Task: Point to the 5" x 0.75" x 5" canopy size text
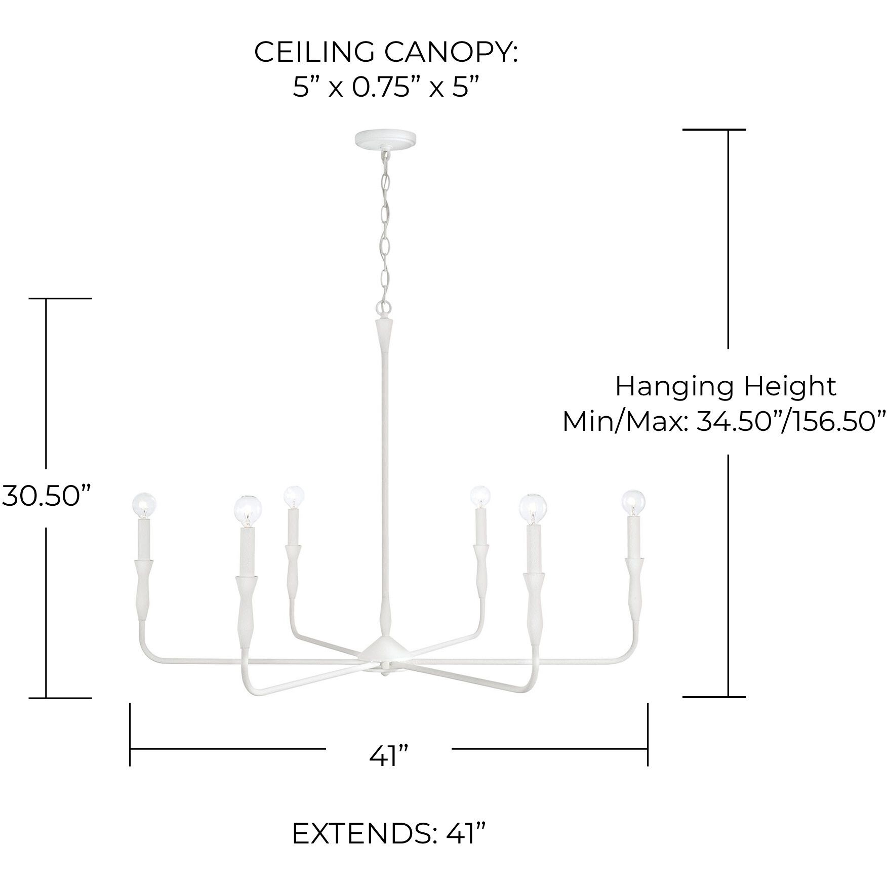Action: (x=386, y=88)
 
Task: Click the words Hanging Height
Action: (x=725, y=387)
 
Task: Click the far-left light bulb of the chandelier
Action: (x=144, y=504)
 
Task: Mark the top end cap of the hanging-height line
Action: (x=713, y=130)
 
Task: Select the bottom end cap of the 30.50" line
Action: (x=60, y=698)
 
